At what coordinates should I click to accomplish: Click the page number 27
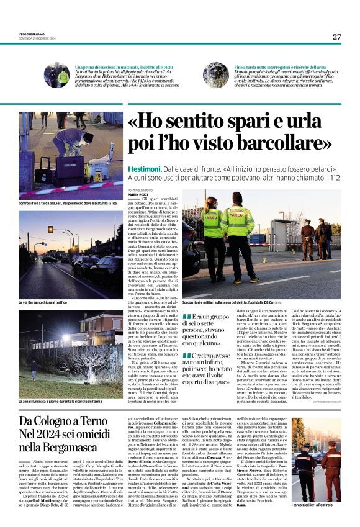coord(336,37)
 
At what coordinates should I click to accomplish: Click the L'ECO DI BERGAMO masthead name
coord(32,34)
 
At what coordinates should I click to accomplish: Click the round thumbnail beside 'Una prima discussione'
coord(61,76)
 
